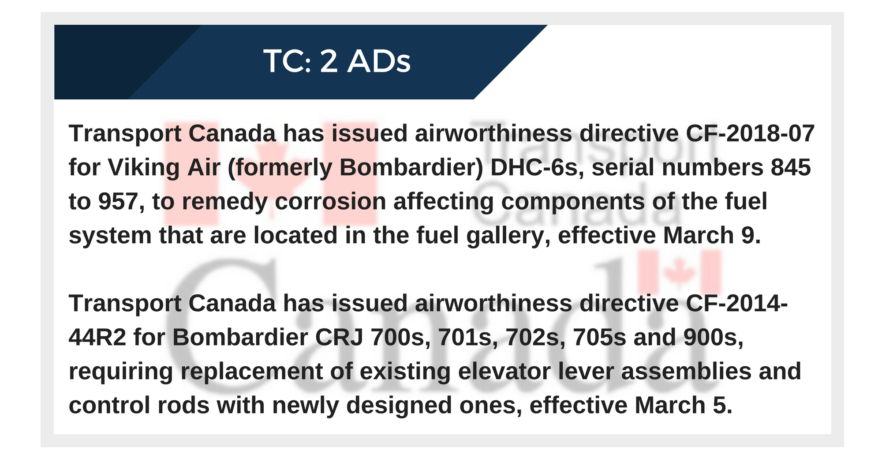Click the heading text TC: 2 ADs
pos(337,61)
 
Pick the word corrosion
pos(331,202)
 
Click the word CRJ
pos(339,338)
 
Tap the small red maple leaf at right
pos(679,271)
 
